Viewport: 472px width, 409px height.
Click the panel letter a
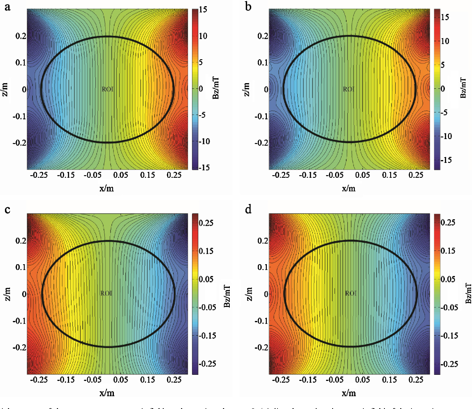pyautogui.click(x=7, y=7)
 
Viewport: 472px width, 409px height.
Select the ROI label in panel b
pyautogui.click(x=348, y=89)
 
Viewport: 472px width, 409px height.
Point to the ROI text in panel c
pyautogui.click(x=106, y=293)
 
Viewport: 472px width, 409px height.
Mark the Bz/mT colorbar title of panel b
pyautogui.click(x=463, y=88)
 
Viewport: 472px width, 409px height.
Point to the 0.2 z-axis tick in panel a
pyautogui.click(x=18, y=36)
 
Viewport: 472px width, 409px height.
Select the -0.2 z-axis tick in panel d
pyautogui.click(x=258, y=347)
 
